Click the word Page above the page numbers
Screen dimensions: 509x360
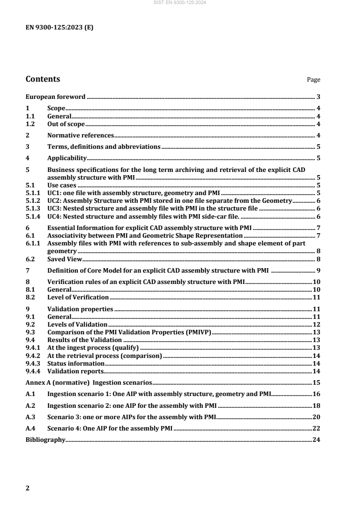[314, 80]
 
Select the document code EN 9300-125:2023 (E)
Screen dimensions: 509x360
[59, 27]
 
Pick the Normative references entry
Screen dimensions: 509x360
[80, 135]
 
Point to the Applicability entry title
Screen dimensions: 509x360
[67, 158]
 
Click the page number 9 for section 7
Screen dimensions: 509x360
[319, 271]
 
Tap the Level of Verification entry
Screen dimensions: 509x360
[78, 297]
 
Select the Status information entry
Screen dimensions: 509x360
[76, 363]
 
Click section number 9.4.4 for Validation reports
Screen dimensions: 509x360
[33, 371]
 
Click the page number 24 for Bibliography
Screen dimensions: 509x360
[317, 427]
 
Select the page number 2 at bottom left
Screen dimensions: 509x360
[27, 488]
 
